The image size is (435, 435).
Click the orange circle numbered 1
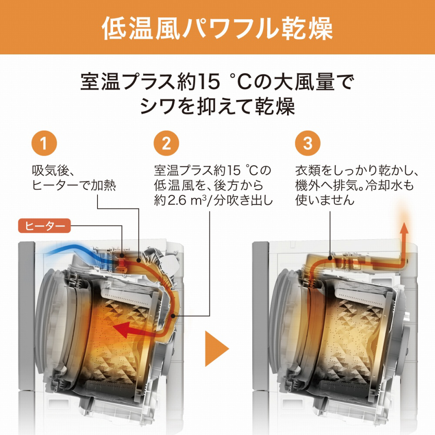click(44, 143)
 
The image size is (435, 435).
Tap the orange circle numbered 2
click(167, 143)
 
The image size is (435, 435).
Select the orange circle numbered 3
click(308, 143)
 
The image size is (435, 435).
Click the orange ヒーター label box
click(44, 226)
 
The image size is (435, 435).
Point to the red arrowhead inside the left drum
click(122, 329)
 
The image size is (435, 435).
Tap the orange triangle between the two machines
click(217, 348)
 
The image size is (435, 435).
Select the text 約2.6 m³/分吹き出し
click(214, 200)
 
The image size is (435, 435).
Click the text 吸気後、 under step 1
click(53, 171)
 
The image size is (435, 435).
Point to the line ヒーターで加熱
click(74, 185)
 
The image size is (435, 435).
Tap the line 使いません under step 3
click(325, 200)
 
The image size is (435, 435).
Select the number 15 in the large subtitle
click(210, 82)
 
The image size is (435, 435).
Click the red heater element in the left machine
click(121, 262)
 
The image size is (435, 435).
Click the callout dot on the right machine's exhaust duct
click(330, 258)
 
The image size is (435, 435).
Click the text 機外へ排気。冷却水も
click(355, 185)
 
